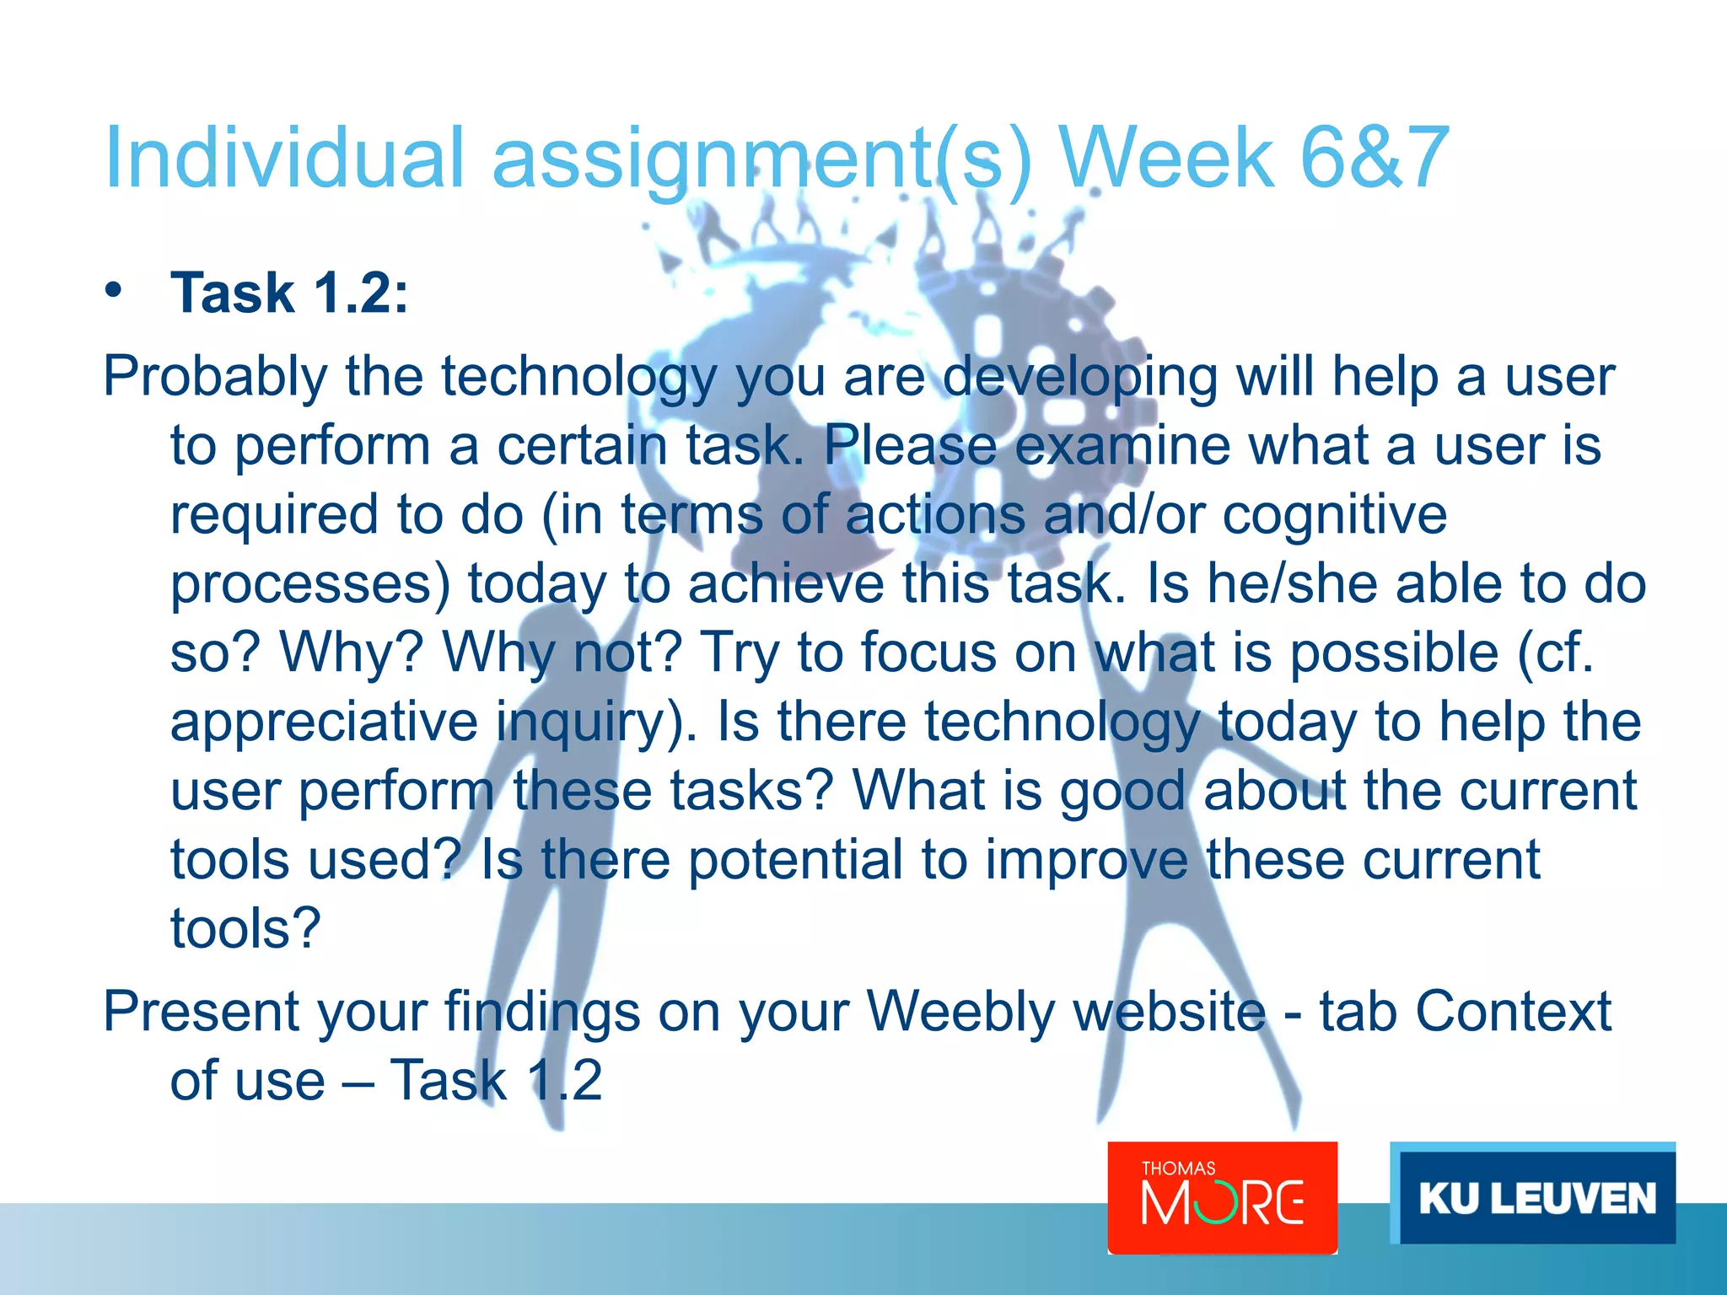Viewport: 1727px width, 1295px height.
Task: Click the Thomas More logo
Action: pos(1222,1197)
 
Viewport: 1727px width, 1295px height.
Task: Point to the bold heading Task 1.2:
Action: pos(289,293)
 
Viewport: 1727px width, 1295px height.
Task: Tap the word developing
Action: pos(1079,376)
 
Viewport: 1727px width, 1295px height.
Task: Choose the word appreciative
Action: pos(325,722)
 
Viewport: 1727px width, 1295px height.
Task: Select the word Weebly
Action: pos(960,1011)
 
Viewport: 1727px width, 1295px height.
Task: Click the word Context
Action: pos(1513,1011)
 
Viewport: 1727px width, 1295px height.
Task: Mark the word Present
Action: pos(201,1011)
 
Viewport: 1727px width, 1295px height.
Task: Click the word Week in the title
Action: pos(1166,158)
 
